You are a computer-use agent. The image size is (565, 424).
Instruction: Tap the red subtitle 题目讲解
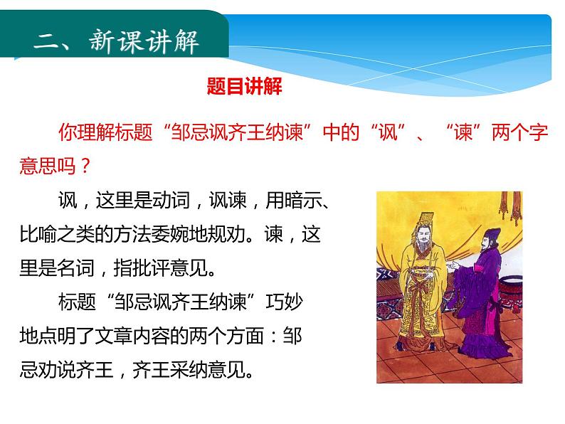(244, 87)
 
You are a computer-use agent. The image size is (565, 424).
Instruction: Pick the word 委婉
(186, 235)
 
